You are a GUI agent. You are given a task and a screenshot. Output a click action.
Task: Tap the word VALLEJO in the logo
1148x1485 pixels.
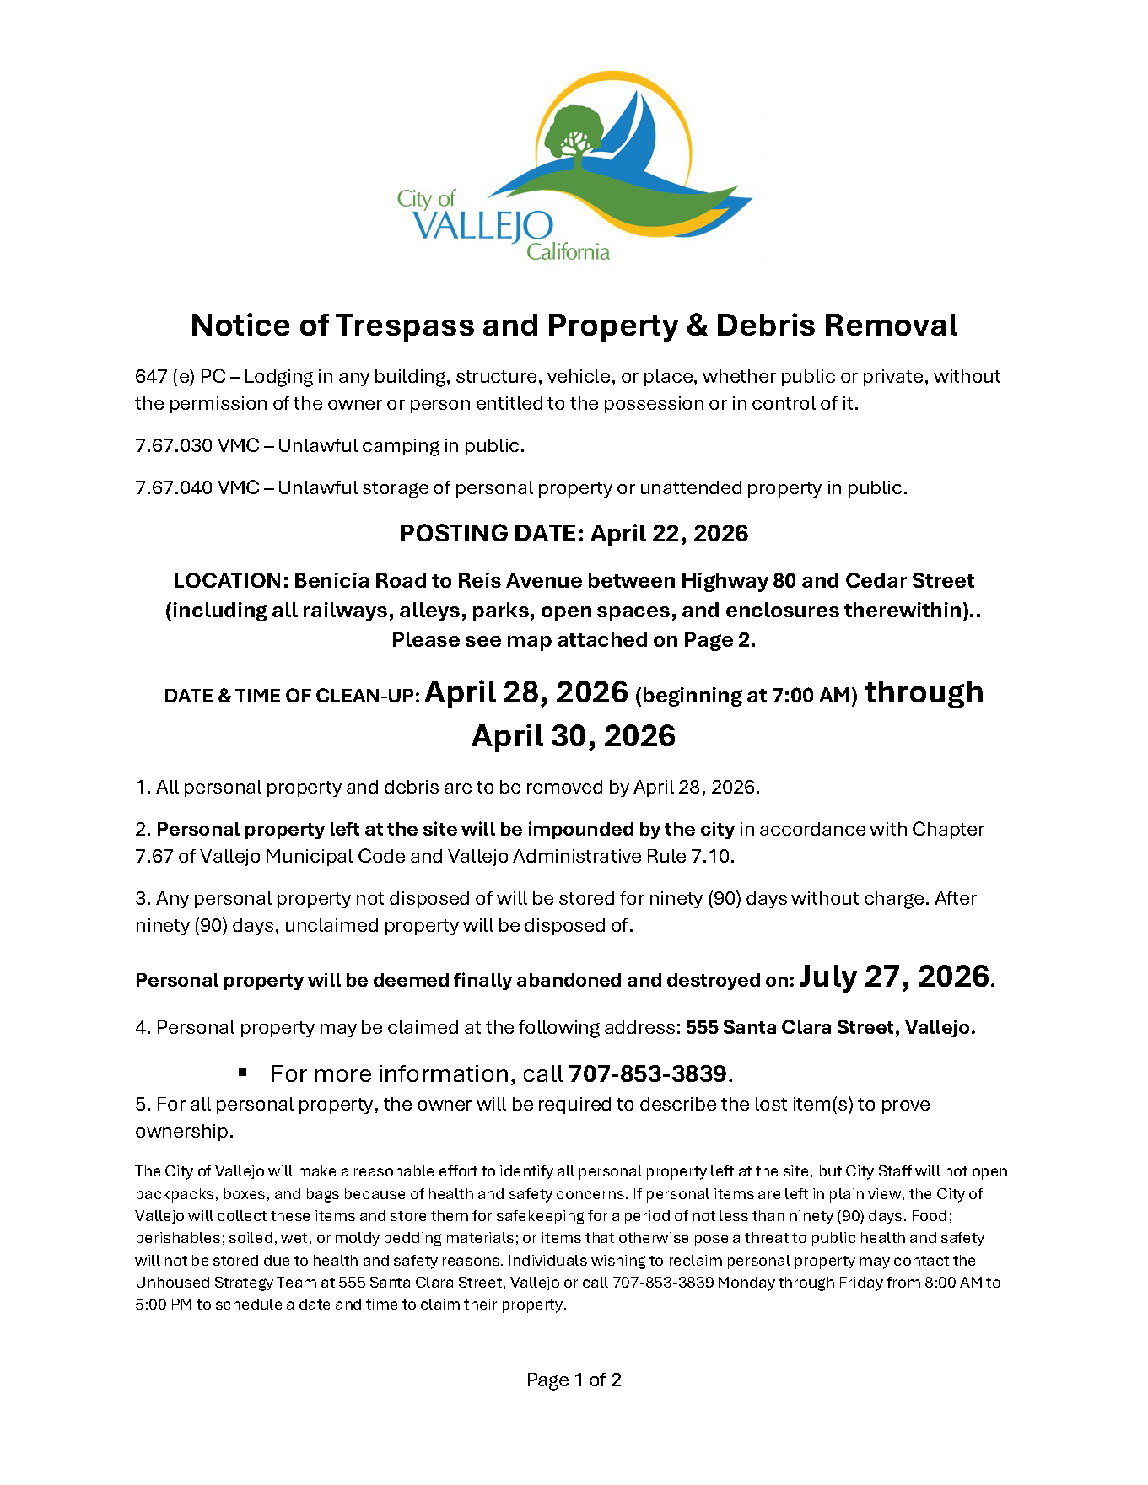click(x=483, y=226)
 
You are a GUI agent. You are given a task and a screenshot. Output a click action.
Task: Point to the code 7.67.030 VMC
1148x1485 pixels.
click(x=197, y=445)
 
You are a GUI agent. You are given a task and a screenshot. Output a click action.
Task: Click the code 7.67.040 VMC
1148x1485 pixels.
click(x=197, y=487)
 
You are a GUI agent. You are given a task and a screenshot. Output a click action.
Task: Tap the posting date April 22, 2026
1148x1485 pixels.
click(x=669, y=533)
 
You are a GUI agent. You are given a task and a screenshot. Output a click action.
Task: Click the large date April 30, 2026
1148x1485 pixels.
click(x=574, y=736)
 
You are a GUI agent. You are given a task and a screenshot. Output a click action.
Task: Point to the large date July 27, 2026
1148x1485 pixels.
click(x=894, y=977)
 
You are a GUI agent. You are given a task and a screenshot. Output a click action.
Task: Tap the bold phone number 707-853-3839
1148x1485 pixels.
click(x=647, y=1073)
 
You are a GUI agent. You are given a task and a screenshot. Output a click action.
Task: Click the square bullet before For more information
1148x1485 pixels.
click(x=243, y=1073)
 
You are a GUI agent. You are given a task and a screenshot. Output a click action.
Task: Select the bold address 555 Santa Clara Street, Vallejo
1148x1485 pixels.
click(x=830, y=1027)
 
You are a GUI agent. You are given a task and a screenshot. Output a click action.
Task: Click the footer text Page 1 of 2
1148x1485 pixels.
click(x=574, y=1380)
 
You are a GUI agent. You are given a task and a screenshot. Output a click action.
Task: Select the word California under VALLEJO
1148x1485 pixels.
click(x=568, y=251)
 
